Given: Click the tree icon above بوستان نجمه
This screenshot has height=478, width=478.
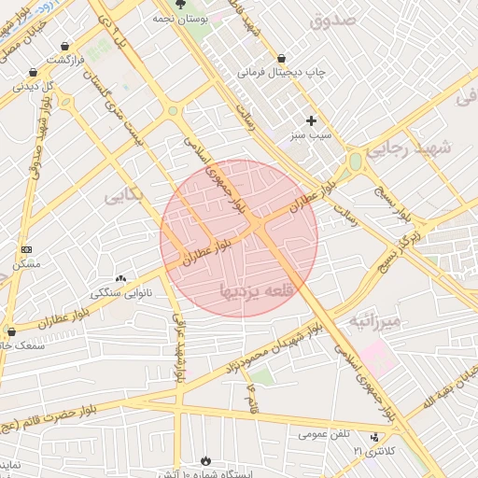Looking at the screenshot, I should click(180, 5).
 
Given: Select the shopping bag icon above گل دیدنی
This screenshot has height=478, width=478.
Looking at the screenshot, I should click(33, 72).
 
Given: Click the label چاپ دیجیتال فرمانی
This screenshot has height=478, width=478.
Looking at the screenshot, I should click(279, 72).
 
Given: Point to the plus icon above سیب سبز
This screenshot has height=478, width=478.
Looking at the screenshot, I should click(311, 120).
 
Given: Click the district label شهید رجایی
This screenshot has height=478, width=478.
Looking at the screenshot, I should click(408, 148).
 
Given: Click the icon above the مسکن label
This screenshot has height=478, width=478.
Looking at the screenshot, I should click(25, 250).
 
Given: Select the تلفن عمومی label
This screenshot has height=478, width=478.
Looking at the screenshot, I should click(326, 434).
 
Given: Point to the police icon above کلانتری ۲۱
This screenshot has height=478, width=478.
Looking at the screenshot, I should click(375, 437).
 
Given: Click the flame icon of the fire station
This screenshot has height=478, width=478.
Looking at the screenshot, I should click(205, 461).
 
